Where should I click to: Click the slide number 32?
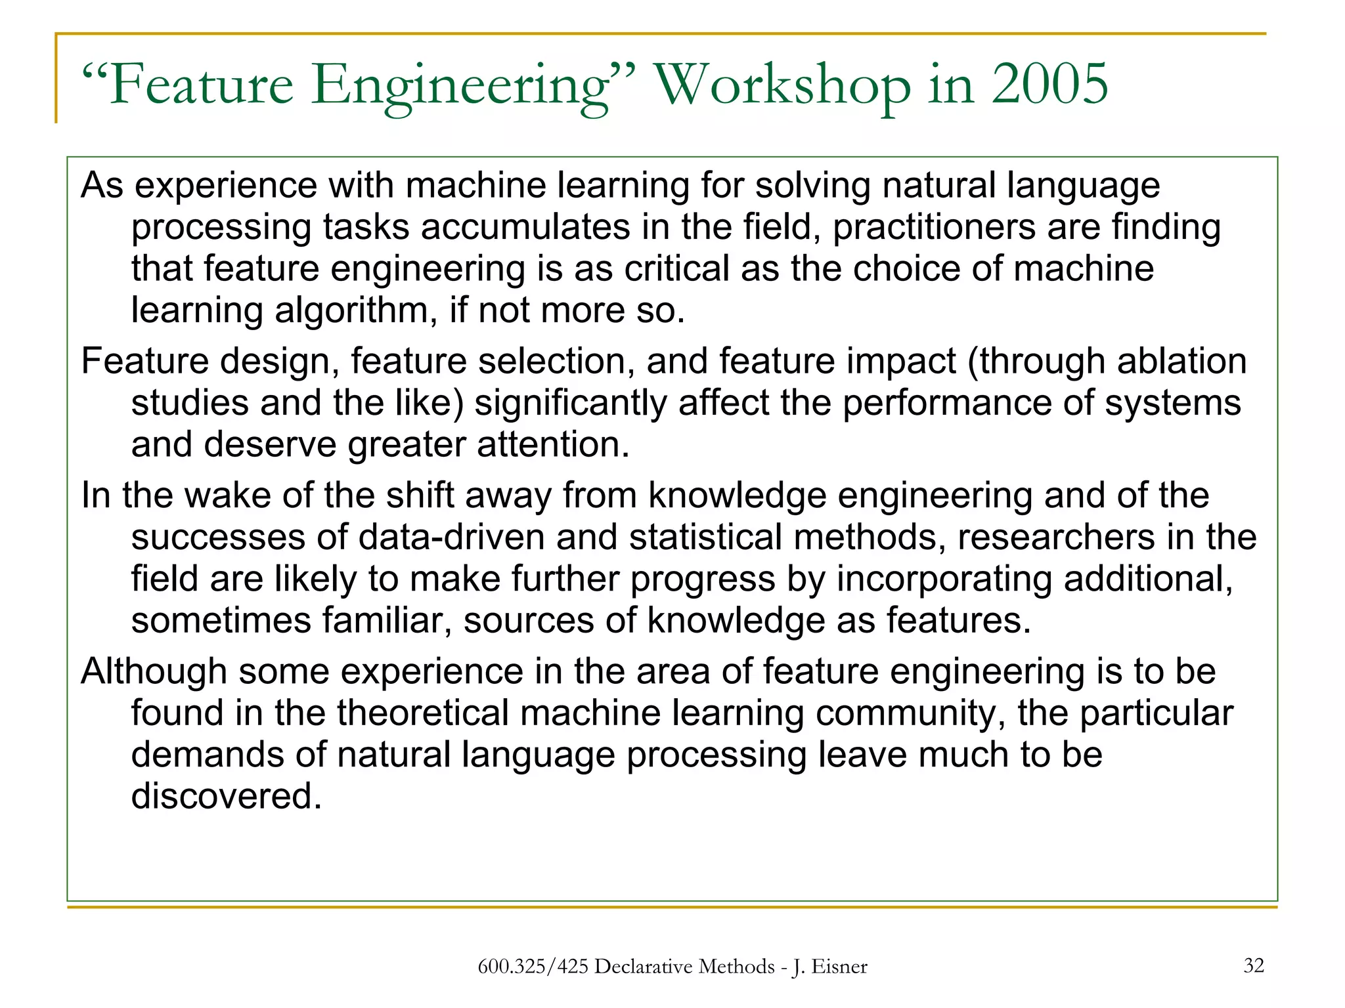coord(1253,965)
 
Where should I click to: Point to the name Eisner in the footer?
coord(839,967)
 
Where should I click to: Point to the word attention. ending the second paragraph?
coord(553,444)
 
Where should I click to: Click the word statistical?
coord(705,537)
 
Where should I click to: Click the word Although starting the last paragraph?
coord(154,671)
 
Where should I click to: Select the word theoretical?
coord(423,713)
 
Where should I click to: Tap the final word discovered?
coord(227,796)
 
